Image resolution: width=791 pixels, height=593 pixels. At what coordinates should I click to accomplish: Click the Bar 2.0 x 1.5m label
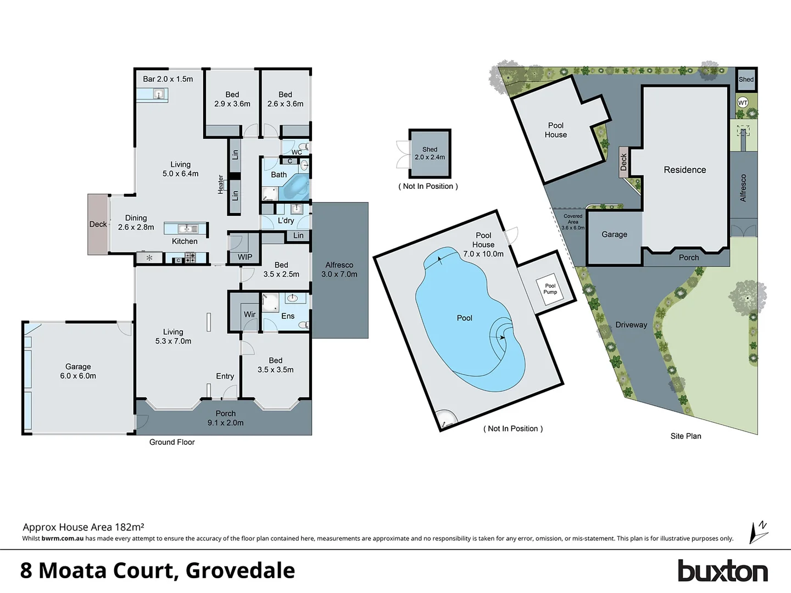pos(168,79)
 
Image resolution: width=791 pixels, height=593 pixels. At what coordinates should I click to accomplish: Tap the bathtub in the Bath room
pos(295,187)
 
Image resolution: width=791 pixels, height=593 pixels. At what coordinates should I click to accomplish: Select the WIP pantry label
pos(245,257)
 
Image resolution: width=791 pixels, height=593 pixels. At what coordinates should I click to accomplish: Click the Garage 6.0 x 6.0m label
pos(78,371)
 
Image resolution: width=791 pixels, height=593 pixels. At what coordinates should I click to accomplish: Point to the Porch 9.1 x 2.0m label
pos(225,418)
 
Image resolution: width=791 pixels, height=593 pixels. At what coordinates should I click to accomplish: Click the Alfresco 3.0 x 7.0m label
pos(339,270)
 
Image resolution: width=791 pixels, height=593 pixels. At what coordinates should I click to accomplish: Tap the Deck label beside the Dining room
pos(98,224)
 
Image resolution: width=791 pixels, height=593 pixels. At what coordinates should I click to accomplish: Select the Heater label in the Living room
pos(221,184)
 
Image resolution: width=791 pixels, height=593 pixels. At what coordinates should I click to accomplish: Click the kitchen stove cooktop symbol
pos(190,258)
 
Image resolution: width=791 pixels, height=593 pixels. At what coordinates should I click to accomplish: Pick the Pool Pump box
pos(550,289)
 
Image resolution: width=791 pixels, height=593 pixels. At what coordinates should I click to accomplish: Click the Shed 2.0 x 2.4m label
pos(430,153)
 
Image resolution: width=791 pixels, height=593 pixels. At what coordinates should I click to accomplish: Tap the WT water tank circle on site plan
pos(743,103)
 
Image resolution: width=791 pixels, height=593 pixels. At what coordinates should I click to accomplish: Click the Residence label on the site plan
pos(684,170)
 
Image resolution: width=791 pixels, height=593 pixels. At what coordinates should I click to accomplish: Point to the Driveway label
pos(631,325)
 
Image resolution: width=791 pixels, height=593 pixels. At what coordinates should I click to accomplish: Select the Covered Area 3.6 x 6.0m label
pos(572,222)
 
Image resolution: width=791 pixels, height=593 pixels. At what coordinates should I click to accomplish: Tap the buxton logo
pos(722,571)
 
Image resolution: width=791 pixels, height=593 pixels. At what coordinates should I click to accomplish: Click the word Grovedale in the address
pos(240,571)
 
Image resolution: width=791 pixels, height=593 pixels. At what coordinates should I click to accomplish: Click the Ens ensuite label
pos(288,316)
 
